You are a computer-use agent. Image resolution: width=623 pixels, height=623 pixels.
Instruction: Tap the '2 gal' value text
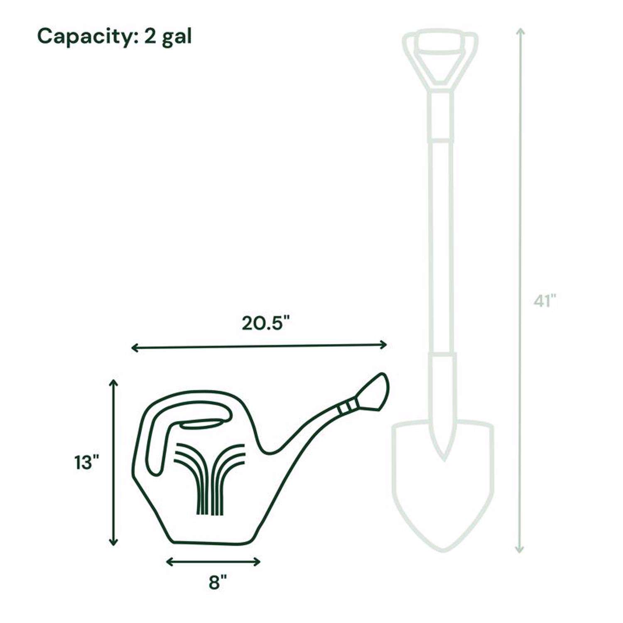pyautogui.click(x=168, y=37)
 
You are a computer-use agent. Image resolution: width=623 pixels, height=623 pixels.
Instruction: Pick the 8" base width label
pyautogui.click(x=218, y=582)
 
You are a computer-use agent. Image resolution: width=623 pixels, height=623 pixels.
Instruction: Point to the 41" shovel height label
pyautogui.click(x=545, y=301)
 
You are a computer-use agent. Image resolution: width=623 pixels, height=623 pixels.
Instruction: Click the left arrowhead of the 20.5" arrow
pyautogui.click(x=134, y=348)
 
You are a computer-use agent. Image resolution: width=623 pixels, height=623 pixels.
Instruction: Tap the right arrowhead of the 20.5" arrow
pyautogui.click(x=385, y=344)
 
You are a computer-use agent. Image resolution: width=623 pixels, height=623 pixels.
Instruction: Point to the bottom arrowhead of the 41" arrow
pyautogui.click(x=519, y=550)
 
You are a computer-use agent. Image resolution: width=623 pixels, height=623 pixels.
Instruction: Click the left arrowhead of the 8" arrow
pyautogui.click(x=169, y=562)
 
